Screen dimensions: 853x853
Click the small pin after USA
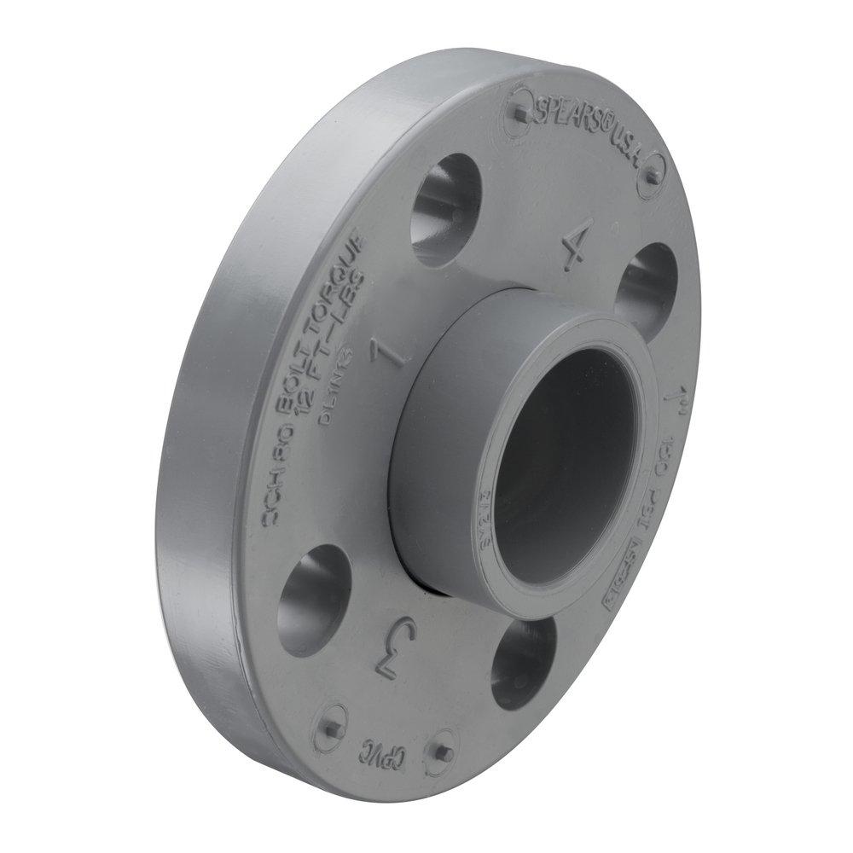[x=651, y=177]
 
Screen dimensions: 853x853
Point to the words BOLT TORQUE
[x=317, y=305]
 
